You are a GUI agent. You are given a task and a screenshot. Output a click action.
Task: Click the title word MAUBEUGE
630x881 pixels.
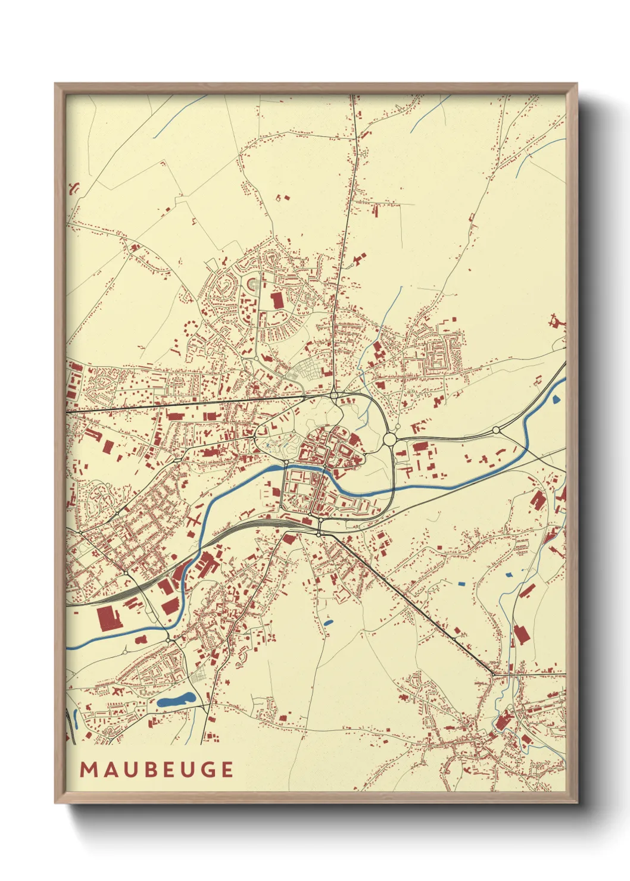157,769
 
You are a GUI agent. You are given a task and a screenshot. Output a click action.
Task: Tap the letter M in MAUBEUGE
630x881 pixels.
88,769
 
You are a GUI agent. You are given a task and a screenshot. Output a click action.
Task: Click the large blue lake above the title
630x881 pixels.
176,700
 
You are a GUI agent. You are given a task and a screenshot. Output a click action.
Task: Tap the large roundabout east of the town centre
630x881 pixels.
390,439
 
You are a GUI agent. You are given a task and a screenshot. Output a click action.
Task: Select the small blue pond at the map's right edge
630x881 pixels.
556,399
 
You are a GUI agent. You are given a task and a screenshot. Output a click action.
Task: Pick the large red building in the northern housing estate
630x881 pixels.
277,300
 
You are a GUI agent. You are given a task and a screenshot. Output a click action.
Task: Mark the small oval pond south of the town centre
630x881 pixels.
328,623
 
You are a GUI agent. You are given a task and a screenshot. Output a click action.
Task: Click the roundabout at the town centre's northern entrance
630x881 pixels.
335,394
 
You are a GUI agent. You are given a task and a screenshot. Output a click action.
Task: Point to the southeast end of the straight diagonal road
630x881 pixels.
493,674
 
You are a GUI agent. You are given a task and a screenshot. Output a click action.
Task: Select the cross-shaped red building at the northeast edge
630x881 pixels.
558,322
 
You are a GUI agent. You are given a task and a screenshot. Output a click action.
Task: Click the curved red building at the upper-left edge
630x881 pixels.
74,190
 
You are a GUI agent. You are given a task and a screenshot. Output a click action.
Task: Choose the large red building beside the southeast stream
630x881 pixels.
521,634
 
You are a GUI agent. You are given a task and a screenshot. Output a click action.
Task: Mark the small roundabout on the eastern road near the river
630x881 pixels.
495,430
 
